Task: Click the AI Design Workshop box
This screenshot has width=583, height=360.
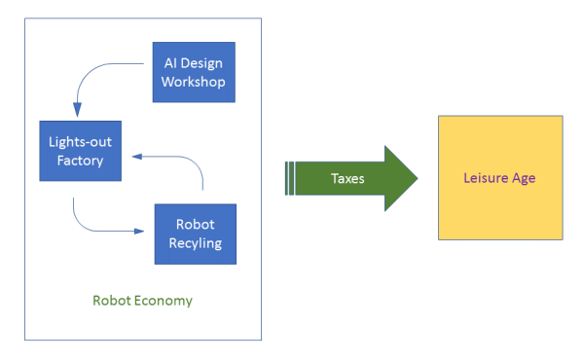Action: pos(194,72)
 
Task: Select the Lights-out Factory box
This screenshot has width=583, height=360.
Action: pos(80,151)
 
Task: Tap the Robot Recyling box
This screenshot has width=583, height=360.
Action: pos(196,234)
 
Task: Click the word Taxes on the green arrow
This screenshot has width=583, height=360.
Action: pos(348,179)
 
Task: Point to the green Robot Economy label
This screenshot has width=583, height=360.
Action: pos(142,300)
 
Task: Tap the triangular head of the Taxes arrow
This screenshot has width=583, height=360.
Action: pos(400,179)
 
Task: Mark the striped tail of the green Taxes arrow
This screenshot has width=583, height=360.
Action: pos(290,179)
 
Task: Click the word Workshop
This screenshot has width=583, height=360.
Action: pos(194,82)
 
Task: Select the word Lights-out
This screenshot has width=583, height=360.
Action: pos(80,142)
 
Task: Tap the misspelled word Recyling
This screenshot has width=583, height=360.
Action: pos(196,243)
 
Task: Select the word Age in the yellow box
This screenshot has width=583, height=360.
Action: pos(523,178)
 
